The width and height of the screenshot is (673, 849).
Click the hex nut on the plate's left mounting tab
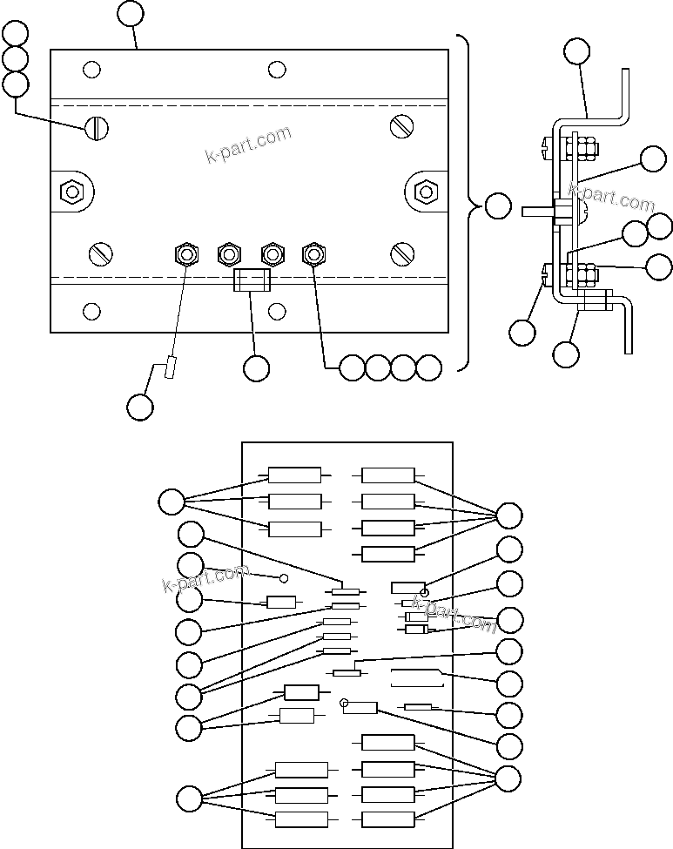click(x=71, y=191)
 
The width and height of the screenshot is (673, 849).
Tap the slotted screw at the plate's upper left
click(x=97, y=128)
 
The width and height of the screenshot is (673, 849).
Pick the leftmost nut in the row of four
click(x=185, y=254)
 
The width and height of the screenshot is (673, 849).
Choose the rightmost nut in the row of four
click(x=313, y=254)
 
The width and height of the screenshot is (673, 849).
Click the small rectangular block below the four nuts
click(x=252, y=280)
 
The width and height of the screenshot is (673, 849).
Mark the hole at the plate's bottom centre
click(x=277, y=311)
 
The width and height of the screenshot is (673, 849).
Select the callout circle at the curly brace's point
click(x=497, y=206)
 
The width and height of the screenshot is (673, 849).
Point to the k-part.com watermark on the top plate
click(x=248, y=145)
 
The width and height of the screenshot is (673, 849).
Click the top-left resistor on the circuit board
click(x=294, y=475)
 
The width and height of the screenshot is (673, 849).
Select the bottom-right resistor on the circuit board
click(x=387, y=819)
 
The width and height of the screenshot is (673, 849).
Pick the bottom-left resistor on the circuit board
click(x=301, y=819)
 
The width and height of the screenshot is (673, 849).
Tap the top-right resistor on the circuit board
click(x=387, y=475)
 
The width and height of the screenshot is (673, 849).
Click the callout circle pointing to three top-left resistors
click(x=172, y=502)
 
